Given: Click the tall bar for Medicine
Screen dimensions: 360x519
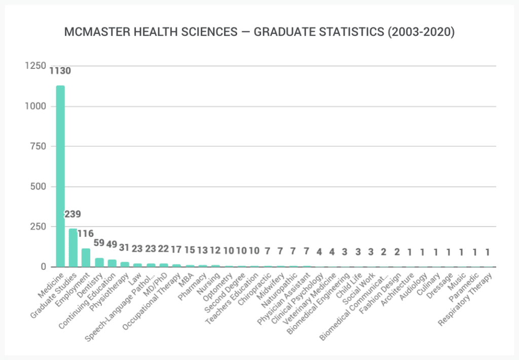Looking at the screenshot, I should point(60,177).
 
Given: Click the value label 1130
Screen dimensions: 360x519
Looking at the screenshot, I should point(60,71).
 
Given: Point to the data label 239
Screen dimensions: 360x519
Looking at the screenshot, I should point(72,214).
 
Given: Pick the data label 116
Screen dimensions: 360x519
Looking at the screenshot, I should point(86,234).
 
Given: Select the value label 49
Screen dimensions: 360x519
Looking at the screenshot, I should point(112,245).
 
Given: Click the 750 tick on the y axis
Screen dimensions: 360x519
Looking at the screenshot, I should point(39,147).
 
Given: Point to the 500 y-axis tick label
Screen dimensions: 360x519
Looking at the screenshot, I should point(39,187).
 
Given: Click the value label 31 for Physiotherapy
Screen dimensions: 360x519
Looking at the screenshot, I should point(125,247).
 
